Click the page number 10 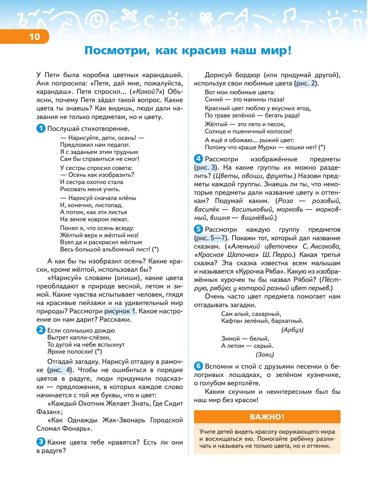34,37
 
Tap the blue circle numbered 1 41,128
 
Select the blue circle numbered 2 41,330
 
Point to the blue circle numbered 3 41,442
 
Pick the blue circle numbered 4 198,159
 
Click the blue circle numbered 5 198,229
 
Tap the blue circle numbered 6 198,366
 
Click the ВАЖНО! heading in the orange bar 267,417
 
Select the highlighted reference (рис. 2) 306,83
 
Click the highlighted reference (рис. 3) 206,167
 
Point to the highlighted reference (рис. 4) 60,370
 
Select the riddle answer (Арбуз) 292,330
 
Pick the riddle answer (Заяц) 265,355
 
